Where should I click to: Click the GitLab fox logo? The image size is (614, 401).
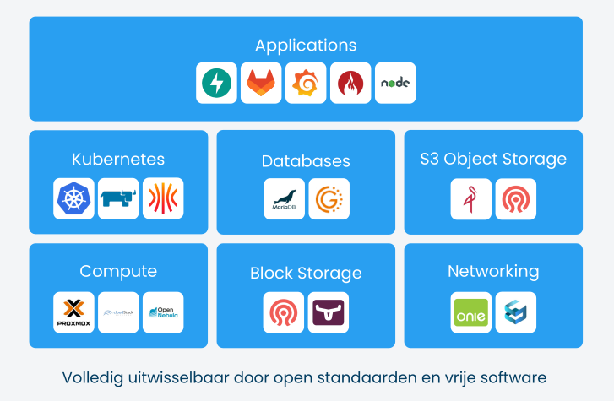tap(261, 83)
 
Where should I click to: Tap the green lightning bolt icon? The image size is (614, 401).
tap(216, 83)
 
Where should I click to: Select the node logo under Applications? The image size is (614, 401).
tap(395, 83)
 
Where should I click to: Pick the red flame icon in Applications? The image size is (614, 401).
tap(350, 83)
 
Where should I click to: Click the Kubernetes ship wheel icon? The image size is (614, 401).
tap(73, 198)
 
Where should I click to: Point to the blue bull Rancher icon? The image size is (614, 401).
tap(118, 198)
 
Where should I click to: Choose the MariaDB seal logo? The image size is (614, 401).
tap(284, 198)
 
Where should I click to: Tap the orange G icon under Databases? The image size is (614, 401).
tap(329, 198)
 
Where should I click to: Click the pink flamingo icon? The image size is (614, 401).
tap(470, 198)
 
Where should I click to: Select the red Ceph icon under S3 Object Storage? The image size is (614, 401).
tap(515, 198)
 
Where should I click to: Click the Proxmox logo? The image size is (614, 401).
tap(73, 312)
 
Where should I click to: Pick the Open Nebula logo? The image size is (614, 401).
tap(163, 312)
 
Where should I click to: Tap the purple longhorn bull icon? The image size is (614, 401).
tap(329, 312)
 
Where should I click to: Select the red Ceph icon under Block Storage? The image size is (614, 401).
tap(284, 312)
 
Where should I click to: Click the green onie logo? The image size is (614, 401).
tap(470, 312)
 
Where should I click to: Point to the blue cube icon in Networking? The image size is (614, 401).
tap(515, 312)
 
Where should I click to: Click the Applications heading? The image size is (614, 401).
tap(306, 46)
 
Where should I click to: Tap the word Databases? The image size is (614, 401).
tap(306, 160)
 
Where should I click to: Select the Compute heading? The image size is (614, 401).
tap(118, 271)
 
